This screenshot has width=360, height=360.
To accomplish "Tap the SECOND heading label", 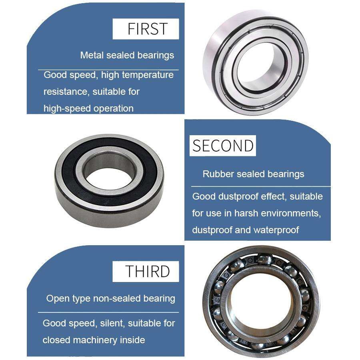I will click(222, 146).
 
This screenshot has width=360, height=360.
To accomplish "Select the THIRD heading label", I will click(148, 271).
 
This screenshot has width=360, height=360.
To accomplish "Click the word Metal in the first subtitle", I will click(92, 55).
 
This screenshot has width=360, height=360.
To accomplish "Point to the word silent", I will click(104, 323).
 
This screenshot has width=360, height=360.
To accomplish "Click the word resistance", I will click(65, 92).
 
